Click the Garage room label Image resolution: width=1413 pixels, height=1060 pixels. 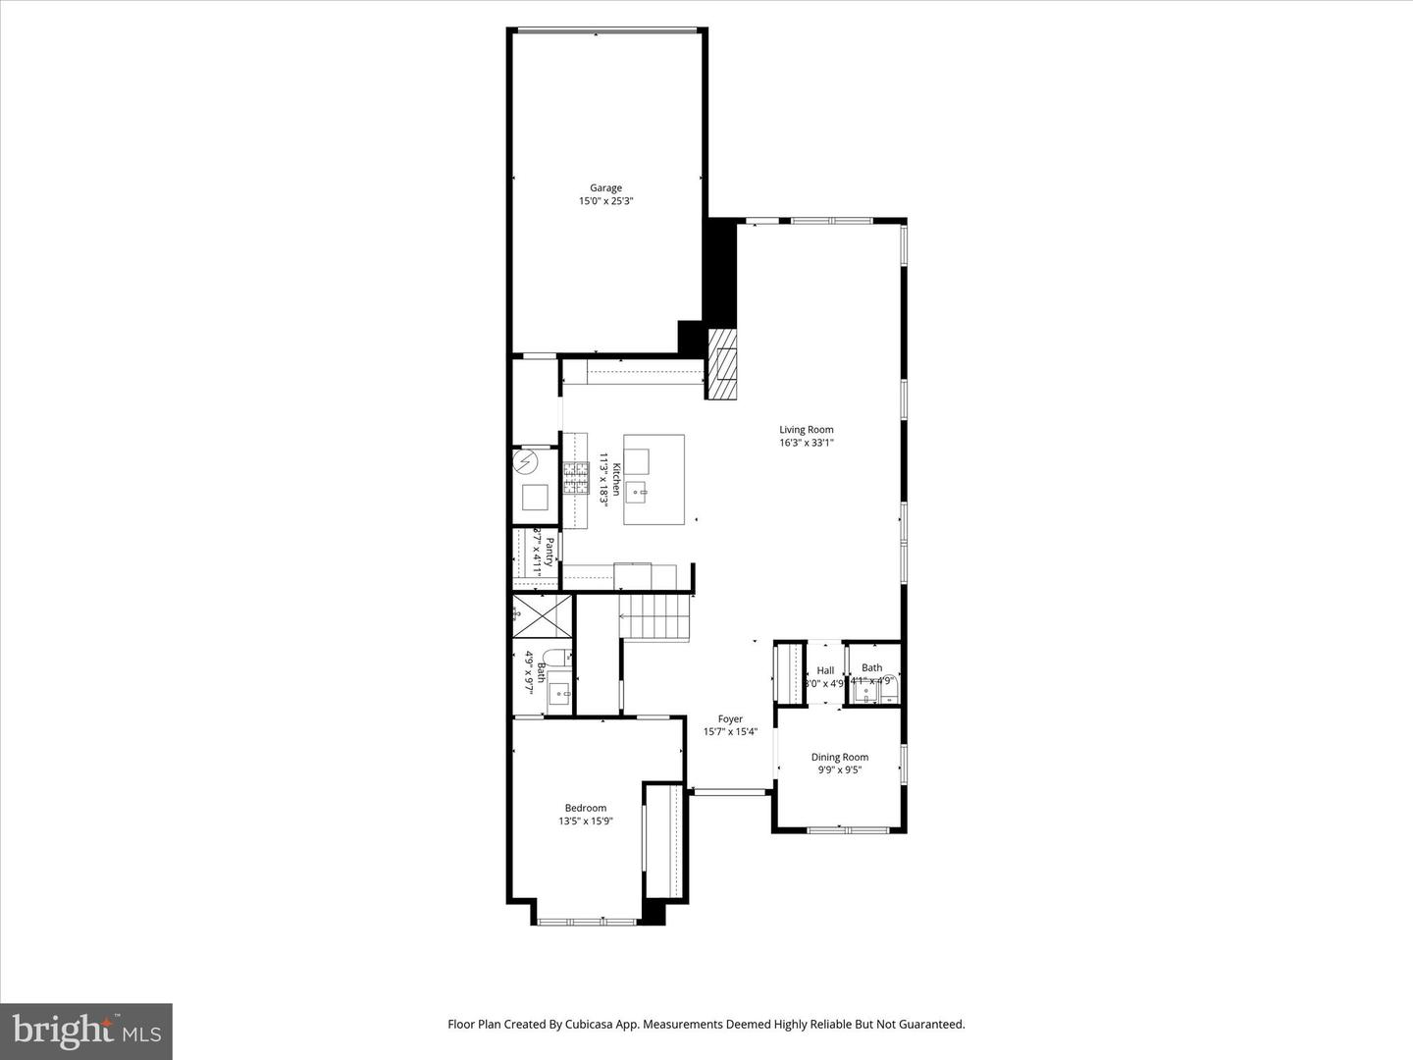coord(605,188)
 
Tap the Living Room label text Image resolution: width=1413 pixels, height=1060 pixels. coord(807,430)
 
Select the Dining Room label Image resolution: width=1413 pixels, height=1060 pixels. coord(839,757)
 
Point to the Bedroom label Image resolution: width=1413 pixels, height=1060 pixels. coord(585,809)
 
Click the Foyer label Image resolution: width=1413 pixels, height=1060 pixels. coord(730,719)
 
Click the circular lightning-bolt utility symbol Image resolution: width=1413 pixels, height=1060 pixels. coord(527,460)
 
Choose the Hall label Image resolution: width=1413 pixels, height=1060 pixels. coord(825,670)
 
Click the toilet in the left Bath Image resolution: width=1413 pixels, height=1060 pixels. coord(552,659)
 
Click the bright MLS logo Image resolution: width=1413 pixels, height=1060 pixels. coord(86,1031)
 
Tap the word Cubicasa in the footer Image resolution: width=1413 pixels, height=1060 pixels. coord(587,1024)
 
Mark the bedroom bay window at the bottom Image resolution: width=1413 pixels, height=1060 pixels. coord(587,922)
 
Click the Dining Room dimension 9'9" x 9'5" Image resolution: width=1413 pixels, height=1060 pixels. coord(839,770)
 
